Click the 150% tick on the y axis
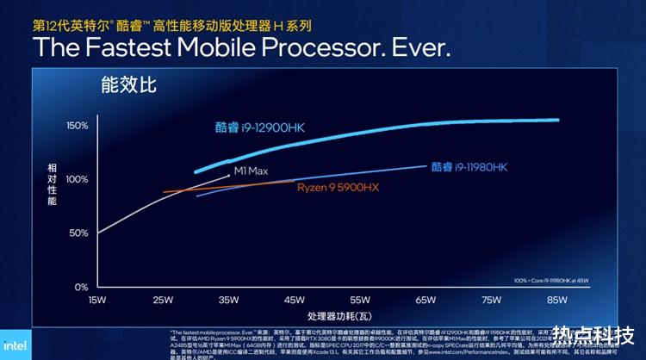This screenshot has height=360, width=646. click(x=78, y=126)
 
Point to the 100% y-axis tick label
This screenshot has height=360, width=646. click(x=78, y=179)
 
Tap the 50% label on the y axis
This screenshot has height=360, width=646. click(x=79, y=233)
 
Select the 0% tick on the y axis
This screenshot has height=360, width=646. click(x=82, y=286)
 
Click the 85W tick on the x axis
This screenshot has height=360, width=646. click(x=556, y=300)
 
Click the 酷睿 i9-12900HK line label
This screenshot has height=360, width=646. click(x=261, y=127)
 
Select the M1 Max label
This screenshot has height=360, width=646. click(x=252, y=171)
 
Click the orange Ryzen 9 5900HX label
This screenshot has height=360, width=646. click(x=338, y=187)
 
